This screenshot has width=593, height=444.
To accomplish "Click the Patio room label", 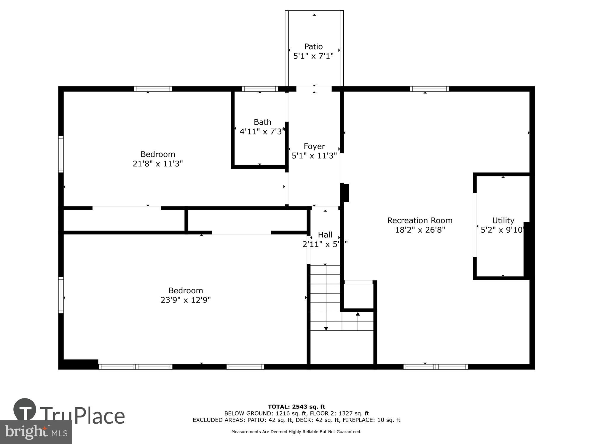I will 313,46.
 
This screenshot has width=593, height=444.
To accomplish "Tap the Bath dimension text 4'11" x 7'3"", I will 262,132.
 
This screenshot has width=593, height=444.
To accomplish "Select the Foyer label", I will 314,146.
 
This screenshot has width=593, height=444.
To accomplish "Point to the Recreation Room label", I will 420,221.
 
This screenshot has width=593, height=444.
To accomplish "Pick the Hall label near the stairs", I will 325,235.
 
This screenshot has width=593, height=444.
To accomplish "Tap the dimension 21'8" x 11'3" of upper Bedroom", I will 158,164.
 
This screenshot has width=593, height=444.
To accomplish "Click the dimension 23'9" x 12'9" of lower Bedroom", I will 186,300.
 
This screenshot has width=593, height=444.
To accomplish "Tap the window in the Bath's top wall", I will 260,89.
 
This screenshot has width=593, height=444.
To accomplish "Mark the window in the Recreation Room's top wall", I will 429,89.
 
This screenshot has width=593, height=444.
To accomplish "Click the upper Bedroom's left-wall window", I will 61,154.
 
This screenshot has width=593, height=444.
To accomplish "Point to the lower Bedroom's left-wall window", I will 61,295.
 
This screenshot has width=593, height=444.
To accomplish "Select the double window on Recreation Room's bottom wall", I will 436,367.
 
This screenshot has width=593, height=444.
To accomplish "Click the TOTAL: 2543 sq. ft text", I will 296,407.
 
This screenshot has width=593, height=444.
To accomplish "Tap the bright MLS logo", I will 36,432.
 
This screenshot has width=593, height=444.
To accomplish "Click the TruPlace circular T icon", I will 25,410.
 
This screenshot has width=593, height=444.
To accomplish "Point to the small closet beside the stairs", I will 359,296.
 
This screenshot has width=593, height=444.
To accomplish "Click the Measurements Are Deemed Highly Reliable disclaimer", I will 296,432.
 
